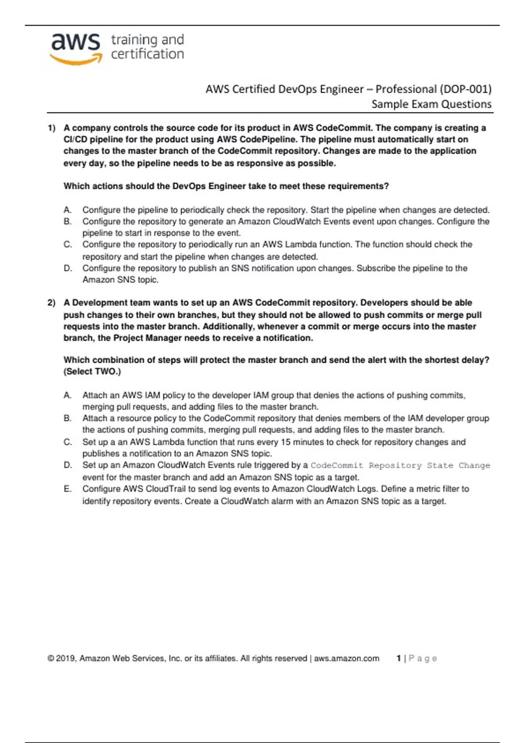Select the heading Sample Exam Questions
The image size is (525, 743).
(x=431, y=104)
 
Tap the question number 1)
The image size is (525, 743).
(x=52, y=128)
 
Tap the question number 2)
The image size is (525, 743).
(x=52, y=303)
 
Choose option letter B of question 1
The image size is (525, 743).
(x=67, y=222)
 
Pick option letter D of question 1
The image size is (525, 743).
(x=67, y=268)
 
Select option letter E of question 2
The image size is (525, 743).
(x=67, y=489)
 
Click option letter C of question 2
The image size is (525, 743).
(x=67, y=442)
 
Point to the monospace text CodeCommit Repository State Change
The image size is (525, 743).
(x=400, y=465)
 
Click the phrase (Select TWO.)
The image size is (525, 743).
(x=92, y=371)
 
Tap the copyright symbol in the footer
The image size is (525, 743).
(x=51, y=659)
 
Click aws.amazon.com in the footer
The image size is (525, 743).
(x=346, y=659)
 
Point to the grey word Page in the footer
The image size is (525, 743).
(x=423, y=659)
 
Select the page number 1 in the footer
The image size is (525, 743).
(x=399, y=659)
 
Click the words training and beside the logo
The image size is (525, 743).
(x=147, y=40)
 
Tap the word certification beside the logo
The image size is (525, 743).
(x=147, y=54)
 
